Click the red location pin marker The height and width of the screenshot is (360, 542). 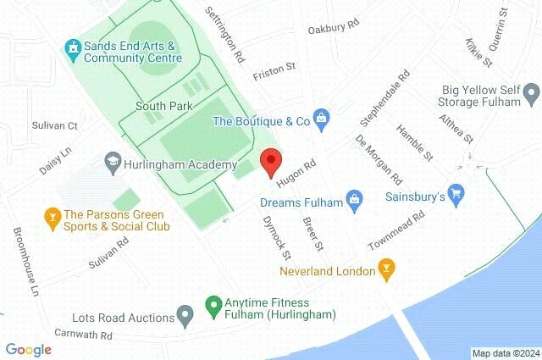click(x=270, y=161)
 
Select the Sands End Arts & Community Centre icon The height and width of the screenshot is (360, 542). click(x=72, y=51)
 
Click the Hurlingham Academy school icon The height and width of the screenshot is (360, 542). click(x=112, y=161)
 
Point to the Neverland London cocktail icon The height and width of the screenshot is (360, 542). click(x=388, y=271)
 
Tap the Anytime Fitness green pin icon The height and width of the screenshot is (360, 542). click(x=213, y=303)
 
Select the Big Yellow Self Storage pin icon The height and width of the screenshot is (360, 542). click(x=531, y=91)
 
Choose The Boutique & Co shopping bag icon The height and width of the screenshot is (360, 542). click(x=321, y=120)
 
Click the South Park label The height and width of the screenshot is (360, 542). click(x=165, y=106)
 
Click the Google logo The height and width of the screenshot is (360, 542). click(x=28, y=349)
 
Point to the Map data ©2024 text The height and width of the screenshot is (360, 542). click(x=505, y=353)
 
